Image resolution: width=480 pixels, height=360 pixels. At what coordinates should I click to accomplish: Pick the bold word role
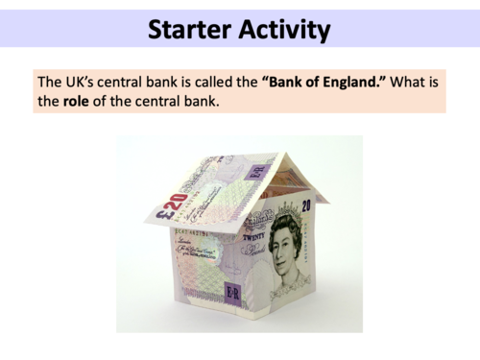(x=76, y=99)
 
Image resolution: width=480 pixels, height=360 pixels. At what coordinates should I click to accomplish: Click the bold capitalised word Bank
(x=292, y=79)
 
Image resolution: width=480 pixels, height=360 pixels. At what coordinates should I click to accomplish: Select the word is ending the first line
(x=437, y=79)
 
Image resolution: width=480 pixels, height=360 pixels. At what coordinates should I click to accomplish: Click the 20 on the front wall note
(x=305, y=204)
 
